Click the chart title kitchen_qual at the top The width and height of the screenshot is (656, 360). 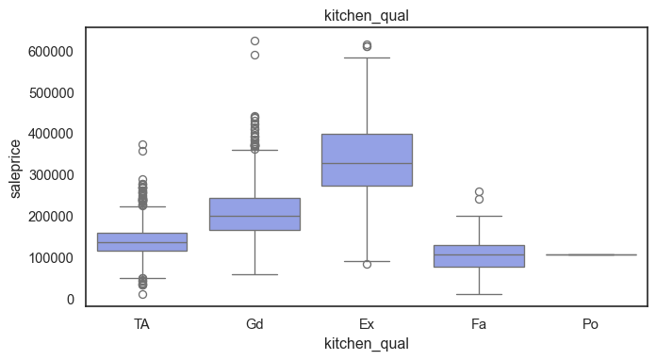tap(367, 16)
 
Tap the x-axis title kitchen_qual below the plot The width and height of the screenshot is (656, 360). tap(367, 344)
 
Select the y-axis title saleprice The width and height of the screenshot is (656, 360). tap(15, 169)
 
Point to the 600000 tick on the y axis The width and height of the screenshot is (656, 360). tap(51, 52)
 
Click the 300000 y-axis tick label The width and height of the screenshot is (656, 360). tap(51, 175)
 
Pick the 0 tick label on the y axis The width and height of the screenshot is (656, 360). tap(71, 300)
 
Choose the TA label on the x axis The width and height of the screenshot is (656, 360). tap(141, 324)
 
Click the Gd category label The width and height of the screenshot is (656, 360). tap(254, 324)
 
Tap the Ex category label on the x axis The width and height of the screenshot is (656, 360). tap(367, 324)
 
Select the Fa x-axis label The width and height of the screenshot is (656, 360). tap(479, 324)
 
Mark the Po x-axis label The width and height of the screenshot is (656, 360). tap(591, 324)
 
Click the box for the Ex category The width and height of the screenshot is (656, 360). tap(367, 160)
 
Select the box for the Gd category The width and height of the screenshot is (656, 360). tap(254, 214)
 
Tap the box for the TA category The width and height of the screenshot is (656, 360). tap(142, 242)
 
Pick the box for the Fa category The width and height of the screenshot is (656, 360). tap(479, 256)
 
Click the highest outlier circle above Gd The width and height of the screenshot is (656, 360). tap(254, 41)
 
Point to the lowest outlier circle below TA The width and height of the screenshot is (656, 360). tap(142, 294)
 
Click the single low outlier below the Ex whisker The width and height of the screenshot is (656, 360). tap(367, 264)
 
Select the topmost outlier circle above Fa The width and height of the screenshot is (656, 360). tap(479, 192)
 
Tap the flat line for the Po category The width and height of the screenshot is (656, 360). tap(591, 254)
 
